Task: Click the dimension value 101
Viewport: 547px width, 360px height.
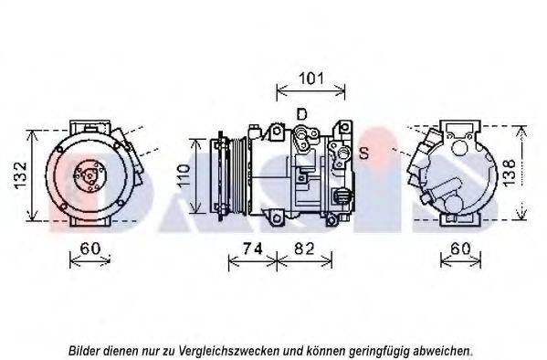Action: (311, 79)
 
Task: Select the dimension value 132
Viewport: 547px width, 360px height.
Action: (21, 175)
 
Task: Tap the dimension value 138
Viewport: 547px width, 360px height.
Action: (510, 172)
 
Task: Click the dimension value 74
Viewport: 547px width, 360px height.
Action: (252, 249)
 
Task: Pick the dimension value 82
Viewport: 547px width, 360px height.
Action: (304, 249)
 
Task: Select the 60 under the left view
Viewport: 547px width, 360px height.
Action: (90, 249)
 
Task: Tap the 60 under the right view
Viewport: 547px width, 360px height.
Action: (460, 249)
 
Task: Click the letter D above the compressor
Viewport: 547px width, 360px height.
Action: (301, 114)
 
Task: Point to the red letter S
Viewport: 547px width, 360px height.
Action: (363, 153)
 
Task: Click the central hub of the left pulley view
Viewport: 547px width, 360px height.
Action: (89, 175)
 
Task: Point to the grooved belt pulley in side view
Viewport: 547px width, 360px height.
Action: (237, 175)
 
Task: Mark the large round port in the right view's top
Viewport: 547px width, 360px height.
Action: (459, 148)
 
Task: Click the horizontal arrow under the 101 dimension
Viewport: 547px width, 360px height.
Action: (310, 92)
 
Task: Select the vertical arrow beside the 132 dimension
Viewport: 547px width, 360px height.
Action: (33, 175)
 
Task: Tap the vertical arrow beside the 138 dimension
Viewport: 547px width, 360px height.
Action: (521, 173)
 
